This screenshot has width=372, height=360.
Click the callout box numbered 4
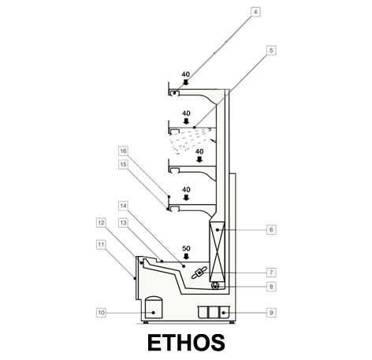[x=255, y=12]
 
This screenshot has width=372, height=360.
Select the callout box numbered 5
[x=271, y=50]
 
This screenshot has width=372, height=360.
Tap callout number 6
[x=271, y=230]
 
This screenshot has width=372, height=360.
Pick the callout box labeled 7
[x=271, y=273]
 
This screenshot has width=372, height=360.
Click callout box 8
[x=271, y=287]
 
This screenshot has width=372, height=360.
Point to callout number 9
[x=271, y=313]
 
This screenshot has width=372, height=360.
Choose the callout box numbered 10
[x=101, y=313]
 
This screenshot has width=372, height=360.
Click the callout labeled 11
[x=101, y=245]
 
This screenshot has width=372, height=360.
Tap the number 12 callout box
[x=101, y=223]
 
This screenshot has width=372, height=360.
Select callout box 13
[x=123, y=223]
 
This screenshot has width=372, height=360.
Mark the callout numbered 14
[x=123, y=206]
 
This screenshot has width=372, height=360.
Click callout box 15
[x=123, y=165]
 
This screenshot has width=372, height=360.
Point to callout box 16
[x=123, y=151]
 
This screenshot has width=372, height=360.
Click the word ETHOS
[x=186, y=343]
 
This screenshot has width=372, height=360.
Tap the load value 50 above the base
[x=186, y=248]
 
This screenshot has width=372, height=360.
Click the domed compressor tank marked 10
[x=154, y=307]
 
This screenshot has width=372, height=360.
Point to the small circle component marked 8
[x=216, y=286]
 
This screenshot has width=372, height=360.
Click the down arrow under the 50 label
[x=186, y=256]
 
